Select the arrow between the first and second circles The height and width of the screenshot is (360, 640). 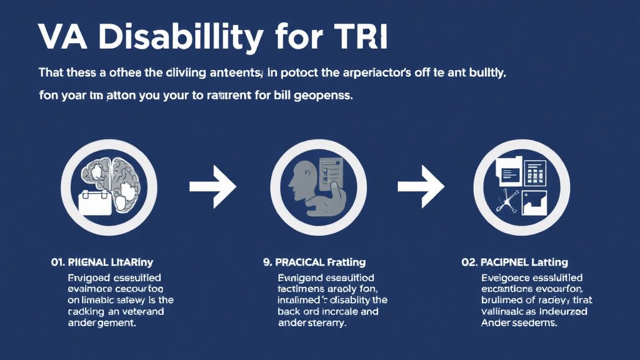click(212, 186)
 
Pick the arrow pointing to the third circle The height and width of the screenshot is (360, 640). click(421, 186)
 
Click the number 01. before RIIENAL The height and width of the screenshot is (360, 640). click(59, 262)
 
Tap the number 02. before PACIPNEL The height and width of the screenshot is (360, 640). click(471, 262)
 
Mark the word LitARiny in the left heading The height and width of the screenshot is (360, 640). click(135, 262)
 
